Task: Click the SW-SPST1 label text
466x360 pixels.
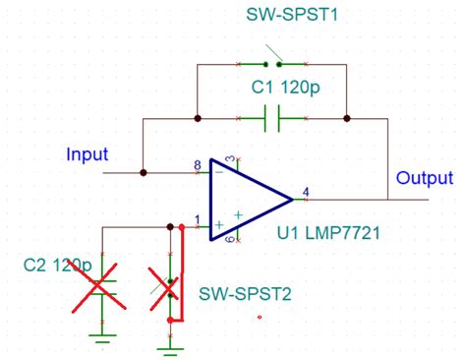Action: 289,17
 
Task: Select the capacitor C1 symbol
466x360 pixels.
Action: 272,119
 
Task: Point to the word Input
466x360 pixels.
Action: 87,154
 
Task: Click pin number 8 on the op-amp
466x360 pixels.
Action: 197,164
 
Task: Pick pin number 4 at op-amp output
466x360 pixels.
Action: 307,191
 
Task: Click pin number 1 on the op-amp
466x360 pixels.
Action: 197,219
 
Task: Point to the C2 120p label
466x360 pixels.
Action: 57,266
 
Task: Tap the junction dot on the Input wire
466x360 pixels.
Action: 144,172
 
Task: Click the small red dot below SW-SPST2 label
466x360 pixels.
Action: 259,317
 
